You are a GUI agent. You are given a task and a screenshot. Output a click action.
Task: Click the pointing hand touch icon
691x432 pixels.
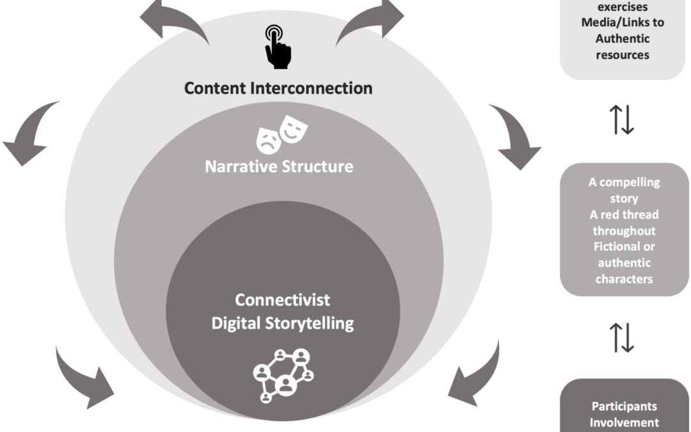(x=276, y=46)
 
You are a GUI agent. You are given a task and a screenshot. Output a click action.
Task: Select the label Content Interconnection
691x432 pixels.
(x=278, y=88)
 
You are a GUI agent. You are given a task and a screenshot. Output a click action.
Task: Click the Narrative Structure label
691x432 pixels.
(x=278, y=167)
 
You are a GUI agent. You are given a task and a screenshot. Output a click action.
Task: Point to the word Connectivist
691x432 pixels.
(x=282, y=300)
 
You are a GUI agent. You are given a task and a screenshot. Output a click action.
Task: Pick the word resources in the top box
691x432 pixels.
(x=623, y=54)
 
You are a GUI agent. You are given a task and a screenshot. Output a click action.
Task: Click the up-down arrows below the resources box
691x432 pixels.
(x=623, y=121)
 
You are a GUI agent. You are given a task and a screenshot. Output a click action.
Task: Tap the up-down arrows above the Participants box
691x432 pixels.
(x=623, y=337)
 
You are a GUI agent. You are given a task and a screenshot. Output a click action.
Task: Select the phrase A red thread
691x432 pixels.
(x=623, y=214)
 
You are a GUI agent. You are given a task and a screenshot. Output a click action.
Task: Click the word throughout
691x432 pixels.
(x=623, y=230)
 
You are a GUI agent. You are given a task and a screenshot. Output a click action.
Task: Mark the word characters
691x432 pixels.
(x=623, y=278)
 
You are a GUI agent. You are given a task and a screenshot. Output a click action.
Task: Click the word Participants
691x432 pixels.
(x=623, y=406)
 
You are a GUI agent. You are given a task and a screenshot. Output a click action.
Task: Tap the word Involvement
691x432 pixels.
(x=623, y=422)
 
